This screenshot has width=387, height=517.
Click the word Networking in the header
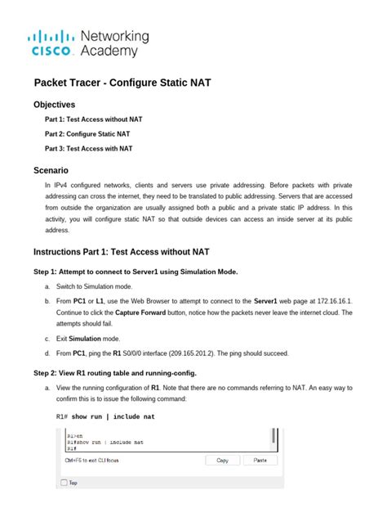pyautogui.click(x=114, y=36)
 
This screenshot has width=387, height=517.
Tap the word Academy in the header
pyautogui.click(x=109, y=52)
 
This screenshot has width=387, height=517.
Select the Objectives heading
pyautogui.click(x=54, y=105)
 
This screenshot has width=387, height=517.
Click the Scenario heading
pyautogui.click(x=51, y=170)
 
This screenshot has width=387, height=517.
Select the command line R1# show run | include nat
pyautogui.click(x=105, y=416)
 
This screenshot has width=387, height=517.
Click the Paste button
pyautogui.click(x=260, y=461)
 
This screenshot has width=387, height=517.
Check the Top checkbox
pyautogui.click(x=64, y=483)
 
